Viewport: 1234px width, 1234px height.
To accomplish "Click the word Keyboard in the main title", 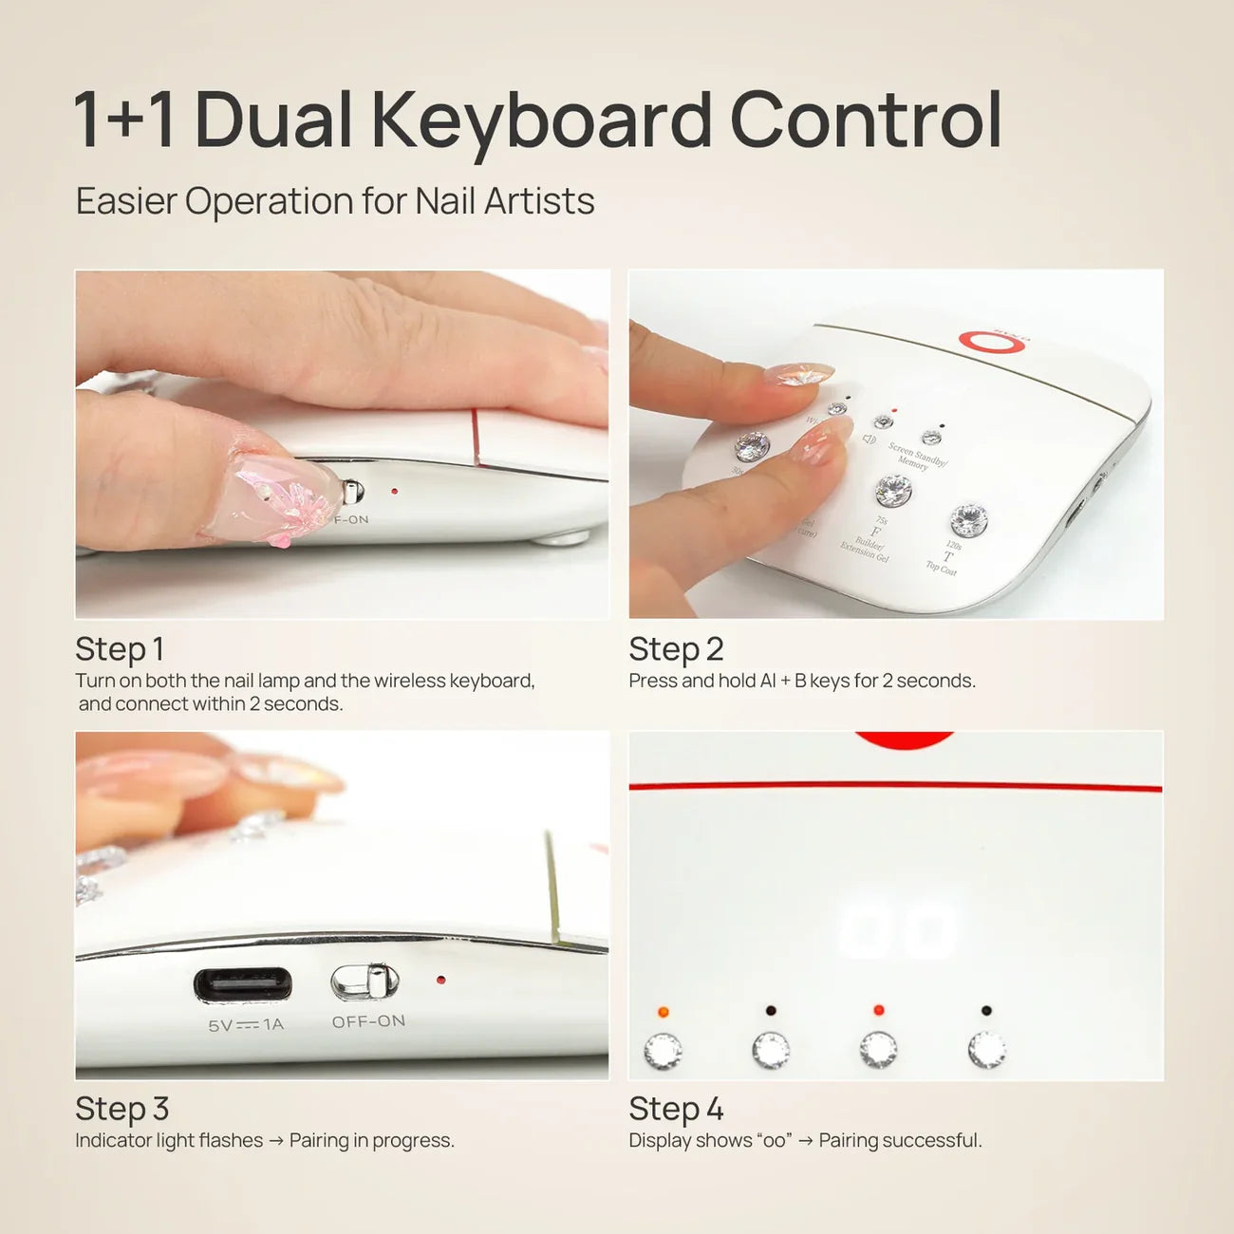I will point(541,121).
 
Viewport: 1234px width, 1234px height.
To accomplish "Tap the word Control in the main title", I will point(865,121).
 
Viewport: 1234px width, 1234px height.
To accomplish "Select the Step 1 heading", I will point(120,649).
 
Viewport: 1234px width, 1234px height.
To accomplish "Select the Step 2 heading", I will point(676,649).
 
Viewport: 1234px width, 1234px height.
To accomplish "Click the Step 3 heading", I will point(122,1109).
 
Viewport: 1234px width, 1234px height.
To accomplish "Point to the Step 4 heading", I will point(676,1109).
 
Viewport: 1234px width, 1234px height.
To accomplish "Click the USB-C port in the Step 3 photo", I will point(243,984).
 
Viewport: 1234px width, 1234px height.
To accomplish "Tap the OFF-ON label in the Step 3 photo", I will point(368,1021).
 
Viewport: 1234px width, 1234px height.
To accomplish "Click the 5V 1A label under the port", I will point(246,1025).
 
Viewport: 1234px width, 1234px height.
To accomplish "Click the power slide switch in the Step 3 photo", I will point(365,982).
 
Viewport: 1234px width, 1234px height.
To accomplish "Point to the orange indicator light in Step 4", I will point(663,1012).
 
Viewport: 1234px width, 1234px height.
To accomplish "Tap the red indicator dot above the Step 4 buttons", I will point(879,1010).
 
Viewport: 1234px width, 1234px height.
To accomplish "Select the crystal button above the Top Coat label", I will point(969,519).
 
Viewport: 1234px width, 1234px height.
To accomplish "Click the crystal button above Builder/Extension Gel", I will point(892,491).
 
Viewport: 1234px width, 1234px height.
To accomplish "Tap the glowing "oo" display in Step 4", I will point(897,928).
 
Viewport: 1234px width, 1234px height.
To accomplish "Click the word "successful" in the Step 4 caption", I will point(934,1140).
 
